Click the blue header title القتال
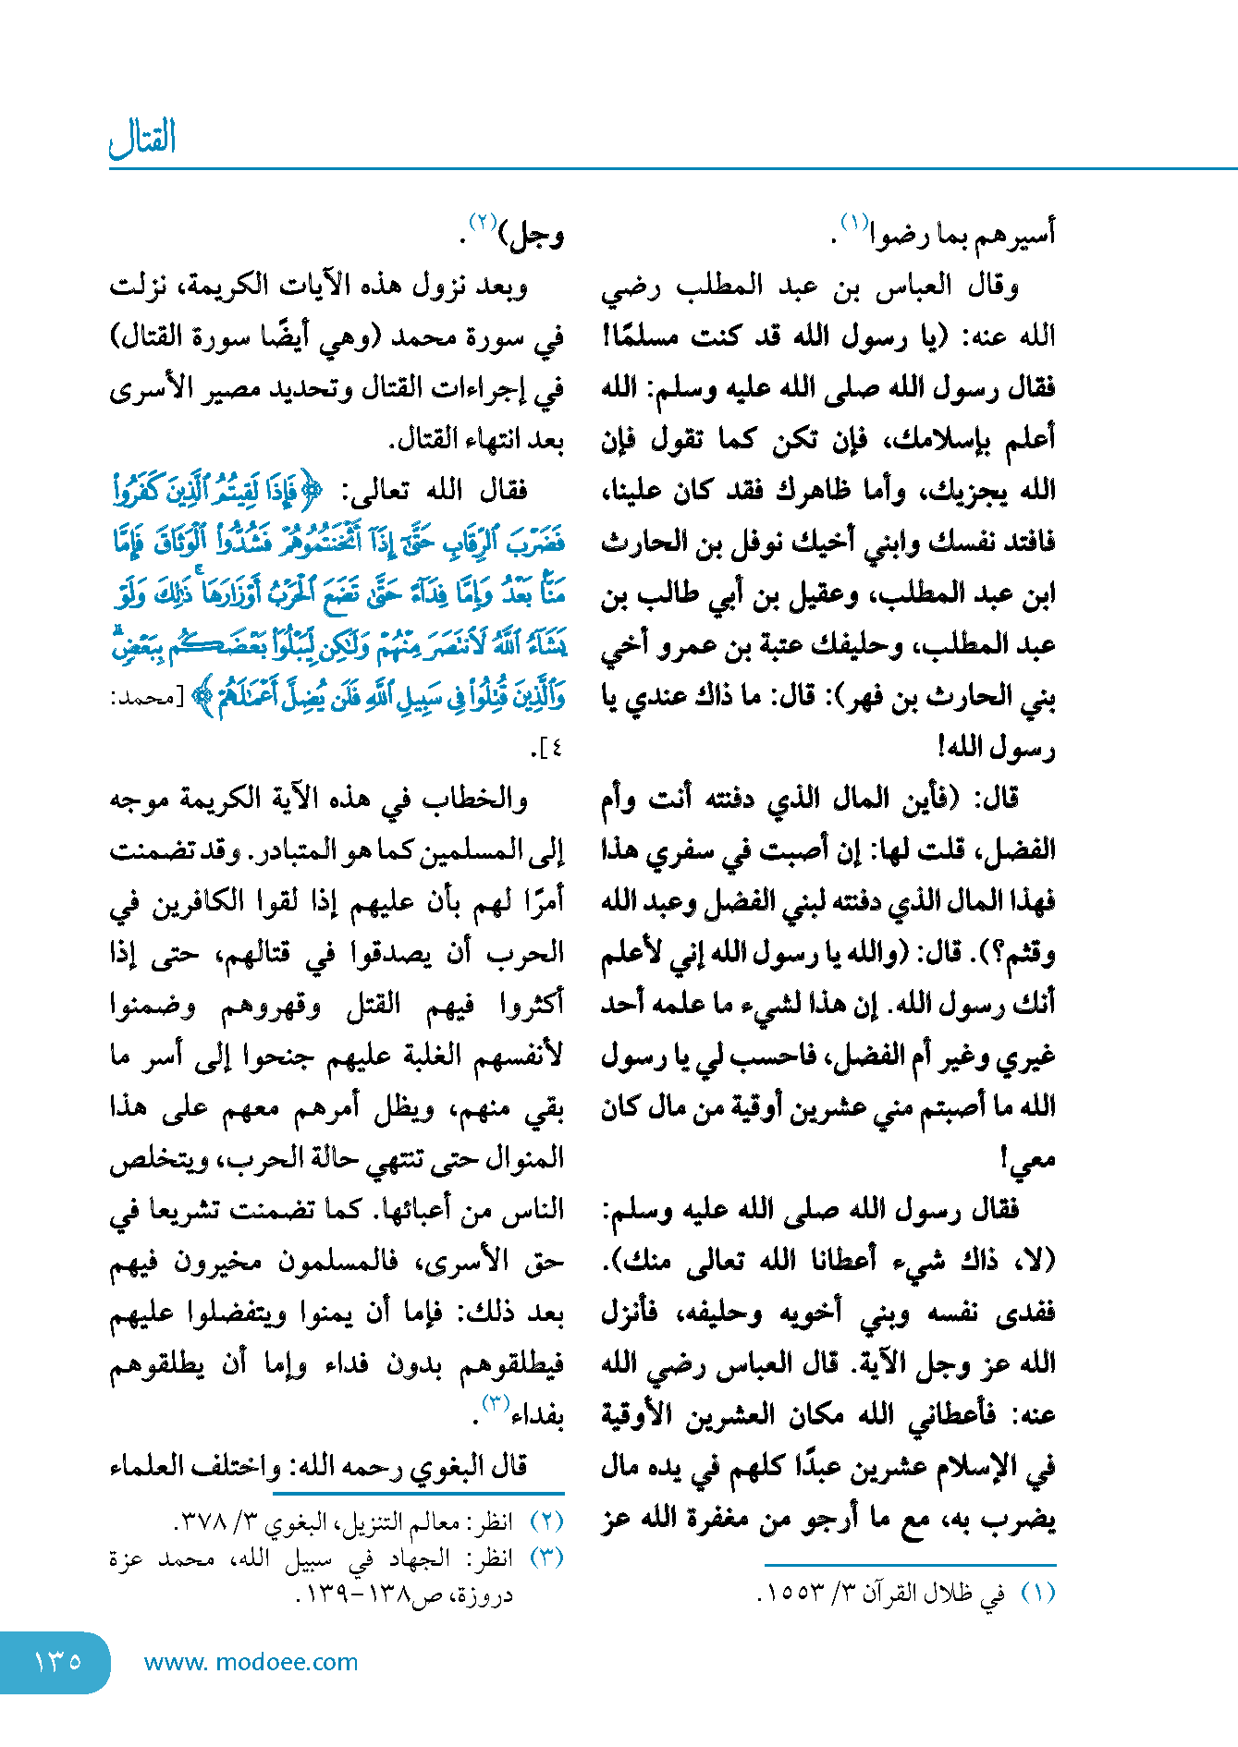point(142,139)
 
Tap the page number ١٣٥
point(57,1661)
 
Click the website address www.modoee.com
point(251,1662)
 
